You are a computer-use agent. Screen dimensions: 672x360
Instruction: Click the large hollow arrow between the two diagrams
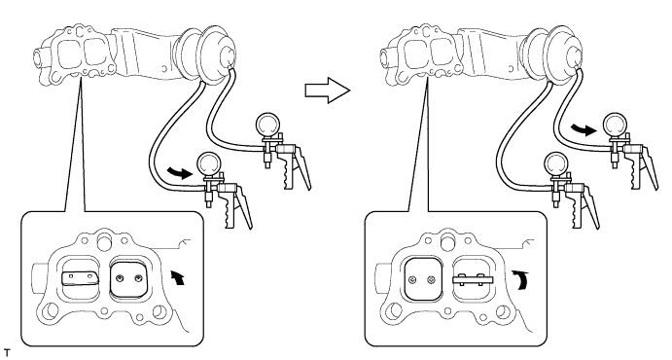(x=328, y=90)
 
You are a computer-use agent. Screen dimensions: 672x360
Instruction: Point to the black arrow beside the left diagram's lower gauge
(x=181, y=172)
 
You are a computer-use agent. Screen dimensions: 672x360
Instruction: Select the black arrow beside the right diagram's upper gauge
(x=584, y=129)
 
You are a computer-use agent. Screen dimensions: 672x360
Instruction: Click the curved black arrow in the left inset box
(x=179, y=277)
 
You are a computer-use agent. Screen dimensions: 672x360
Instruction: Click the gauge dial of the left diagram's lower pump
(x=208, y=165)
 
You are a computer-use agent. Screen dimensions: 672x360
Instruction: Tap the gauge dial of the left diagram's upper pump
(x=267, y=125)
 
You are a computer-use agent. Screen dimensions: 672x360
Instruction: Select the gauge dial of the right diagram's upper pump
(x=616, y=125)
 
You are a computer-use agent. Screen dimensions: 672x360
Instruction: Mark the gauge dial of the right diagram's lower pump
(x=556, y=165)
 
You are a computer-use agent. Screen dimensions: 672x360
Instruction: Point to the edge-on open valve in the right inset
(x=474, y=280)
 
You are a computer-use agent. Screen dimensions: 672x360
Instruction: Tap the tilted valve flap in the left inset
(x=81, y=278)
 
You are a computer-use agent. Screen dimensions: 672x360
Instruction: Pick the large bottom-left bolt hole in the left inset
(x=52, y=309)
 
